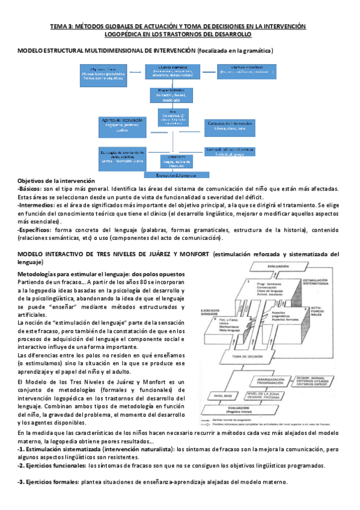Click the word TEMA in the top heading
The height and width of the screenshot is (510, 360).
58,26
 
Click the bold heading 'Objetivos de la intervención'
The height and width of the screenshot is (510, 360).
56,181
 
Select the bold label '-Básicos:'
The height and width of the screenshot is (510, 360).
31,189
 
